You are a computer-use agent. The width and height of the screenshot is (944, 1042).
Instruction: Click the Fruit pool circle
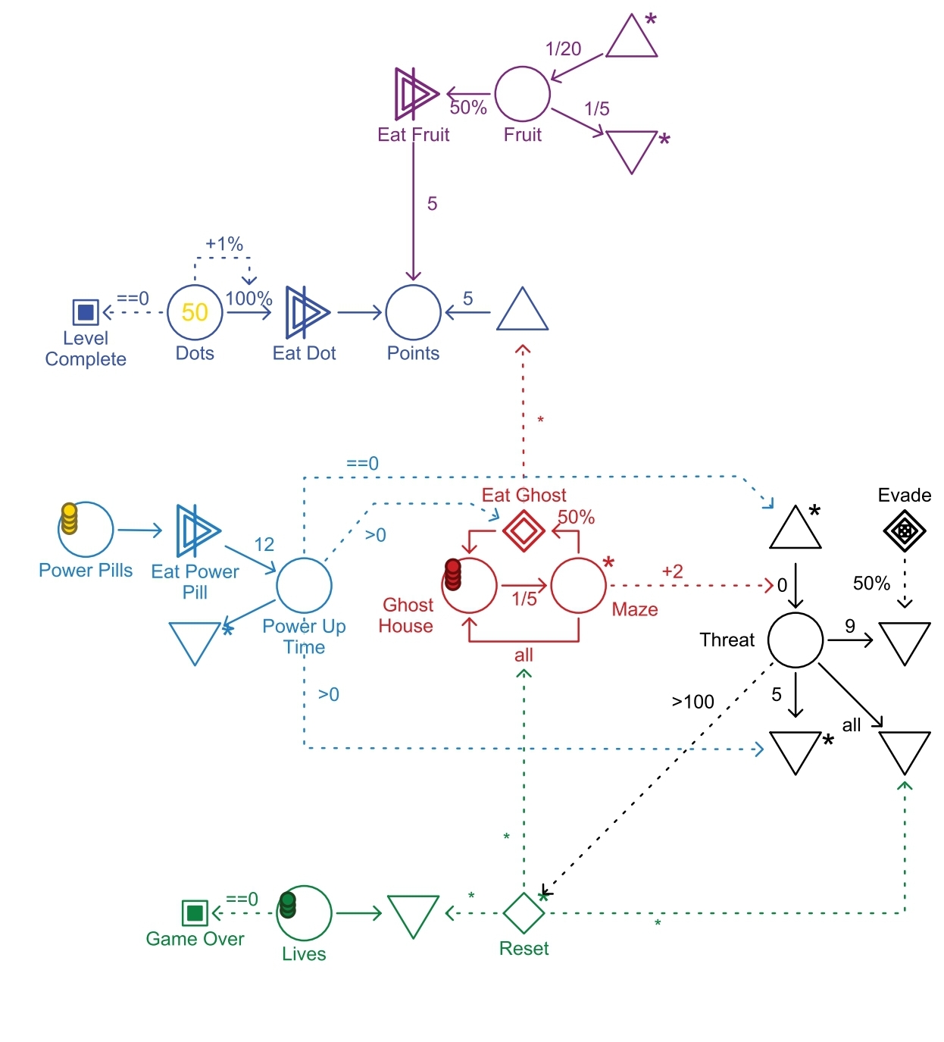tap(522, 94)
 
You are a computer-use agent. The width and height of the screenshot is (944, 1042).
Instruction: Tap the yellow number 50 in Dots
tap(195, 312)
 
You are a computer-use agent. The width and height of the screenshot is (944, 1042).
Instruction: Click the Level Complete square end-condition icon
tap(86, 311)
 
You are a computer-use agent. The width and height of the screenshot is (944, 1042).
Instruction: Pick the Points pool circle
tap(413, 311)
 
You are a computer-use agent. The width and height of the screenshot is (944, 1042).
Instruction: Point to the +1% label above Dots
tap(223, 244)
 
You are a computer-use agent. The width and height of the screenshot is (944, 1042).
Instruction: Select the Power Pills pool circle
tap(86, 529)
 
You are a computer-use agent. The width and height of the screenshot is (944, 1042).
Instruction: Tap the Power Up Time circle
tap(304, 585)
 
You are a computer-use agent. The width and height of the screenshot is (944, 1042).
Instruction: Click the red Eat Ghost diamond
tap(524, 530)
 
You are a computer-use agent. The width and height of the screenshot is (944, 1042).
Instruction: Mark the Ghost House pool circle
tap(470, 585)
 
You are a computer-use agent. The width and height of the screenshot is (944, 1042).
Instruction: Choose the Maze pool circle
tap(578, 585)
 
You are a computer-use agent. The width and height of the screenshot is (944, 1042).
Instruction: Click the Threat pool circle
tap(796, 640)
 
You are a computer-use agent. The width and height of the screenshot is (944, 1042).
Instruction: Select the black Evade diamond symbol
tap(904, 530)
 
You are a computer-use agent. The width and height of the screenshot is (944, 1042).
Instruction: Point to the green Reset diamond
tap(524, 912)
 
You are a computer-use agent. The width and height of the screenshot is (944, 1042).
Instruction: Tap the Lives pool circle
tap(305, 912)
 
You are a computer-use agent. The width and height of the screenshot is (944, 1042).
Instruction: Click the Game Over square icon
tap(195, 912)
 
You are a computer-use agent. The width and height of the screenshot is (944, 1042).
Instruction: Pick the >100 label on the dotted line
tap(692, 702)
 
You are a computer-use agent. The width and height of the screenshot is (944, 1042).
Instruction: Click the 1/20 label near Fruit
tap(563, 49)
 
